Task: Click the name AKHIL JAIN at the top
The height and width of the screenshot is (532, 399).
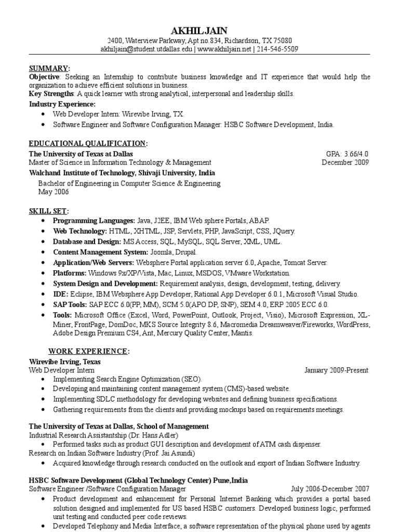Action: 199,30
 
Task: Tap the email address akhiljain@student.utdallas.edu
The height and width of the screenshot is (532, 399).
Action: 147,49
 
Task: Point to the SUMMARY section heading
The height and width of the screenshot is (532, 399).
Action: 49,69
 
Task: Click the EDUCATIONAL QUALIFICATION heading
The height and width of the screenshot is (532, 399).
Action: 88,143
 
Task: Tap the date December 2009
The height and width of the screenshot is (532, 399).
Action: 345,163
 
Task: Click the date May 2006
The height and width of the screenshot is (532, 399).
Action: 54,192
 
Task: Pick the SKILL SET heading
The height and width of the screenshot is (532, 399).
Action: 48,210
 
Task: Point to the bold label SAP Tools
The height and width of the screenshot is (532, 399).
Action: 70,304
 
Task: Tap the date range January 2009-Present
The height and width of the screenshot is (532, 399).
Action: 336,370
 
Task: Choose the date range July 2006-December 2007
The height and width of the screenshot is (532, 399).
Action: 330,489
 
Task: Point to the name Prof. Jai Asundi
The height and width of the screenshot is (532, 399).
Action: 160,454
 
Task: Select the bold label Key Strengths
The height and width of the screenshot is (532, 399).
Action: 51,94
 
